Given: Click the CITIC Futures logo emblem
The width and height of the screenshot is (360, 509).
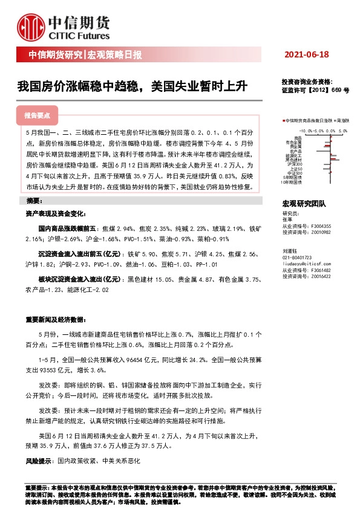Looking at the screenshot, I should tap(31, 26).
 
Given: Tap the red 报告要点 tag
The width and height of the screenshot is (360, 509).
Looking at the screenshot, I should tap(38, 115).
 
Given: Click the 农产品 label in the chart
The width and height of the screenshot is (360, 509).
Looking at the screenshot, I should tap(296, 151).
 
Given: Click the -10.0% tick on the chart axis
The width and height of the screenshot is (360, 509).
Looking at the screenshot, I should tap(306, 130).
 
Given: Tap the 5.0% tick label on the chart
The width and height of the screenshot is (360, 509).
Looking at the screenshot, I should tap(342, 130).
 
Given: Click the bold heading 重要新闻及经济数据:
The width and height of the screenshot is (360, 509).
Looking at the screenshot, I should tap(53, 319).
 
